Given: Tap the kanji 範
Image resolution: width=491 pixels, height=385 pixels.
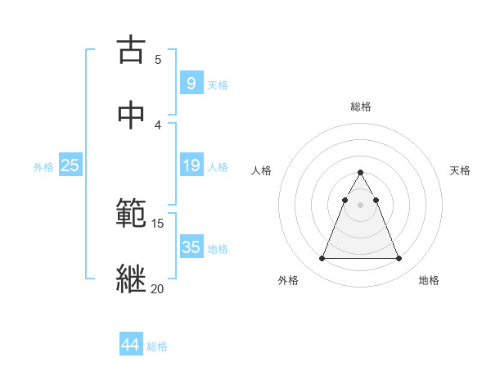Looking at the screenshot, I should coord(131,213).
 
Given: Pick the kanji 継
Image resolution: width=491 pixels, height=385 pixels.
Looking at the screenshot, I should coord(131,278).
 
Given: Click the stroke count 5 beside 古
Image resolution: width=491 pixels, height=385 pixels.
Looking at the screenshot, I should coord(158,60).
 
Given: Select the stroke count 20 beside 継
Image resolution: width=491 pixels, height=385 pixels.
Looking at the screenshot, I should coord(157,288).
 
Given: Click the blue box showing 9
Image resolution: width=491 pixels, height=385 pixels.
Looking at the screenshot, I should coord(191,83).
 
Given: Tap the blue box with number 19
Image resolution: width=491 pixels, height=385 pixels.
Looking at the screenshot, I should coord(191,165).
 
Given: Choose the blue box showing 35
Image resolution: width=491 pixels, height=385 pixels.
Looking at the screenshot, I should coord(191,247).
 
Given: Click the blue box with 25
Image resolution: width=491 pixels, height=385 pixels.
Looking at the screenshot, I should coord(70,165).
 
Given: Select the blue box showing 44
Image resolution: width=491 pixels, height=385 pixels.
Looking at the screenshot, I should coord(130,345).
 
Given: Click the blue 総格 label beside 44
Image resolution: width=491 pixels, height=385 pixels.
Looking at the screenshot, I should coord(157,346).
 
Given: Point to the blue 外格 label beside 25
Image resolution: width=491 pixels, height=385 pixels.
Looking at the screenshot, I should coord(43,167).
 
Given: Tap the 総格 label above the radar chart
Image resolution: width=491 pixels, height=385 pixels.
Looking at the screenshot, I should coord(361,106).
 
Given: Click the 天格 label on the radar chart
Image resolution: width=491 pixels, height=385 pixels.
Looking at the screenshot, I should coord(460,170).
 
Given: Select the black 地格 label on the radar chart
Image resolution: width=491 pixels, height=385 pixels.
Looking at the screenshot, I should coord(429,281).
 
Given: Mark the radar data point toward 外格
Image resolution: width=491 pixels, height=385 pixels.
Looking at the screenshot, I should coord(322,259).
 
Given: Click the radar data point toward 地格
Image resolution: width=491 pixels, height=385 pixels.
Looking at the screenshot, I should coord(399,259).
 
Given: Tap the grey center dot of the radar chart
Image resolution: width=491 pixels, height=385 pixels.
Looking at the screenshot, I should coord(360,205).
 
